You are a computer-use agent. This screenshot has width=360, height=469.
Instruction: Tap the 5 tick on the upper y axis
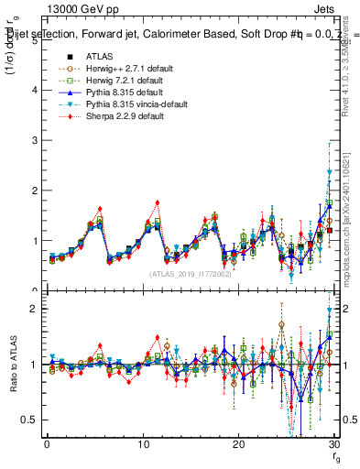pyautogui.click(x=34, y=40)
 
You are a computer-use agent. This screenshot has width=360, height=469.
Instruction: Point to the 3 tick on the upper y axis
pyautogui.click(x=34, y=140)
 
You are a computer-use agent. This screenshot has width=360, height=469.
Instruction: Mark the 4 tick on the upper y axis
pyautogui.click(x=34, y=91)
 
